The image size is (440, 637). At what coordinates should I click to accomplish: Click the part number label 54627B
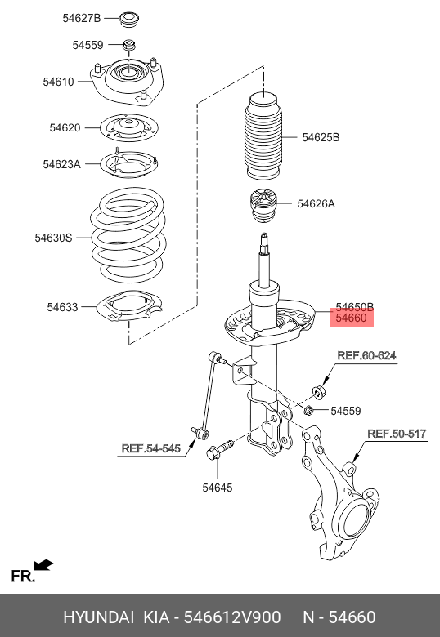81,18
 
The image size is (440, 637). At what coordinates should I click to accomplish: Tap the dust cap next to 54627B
129,20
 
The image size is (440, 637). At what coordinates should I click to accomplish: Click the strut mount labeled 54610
127,82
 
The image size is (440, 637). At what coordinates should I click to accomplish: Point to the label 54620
65,128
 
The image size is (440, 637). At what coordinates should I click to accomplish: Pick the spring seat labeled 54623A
128,164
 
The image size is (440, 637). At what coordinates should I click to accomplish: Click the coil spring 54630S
128,235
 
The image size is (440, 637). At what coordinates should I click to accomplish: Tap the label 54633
62,307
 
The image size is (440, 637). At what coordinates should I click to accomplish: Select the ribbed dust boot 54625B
263,136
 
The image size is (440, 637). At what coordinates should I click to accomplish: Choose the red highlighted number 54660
352,318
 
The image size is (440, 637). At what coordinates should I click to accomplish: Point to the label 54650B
355,307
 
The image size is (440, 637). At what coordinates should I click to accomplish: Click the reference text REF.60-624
366,356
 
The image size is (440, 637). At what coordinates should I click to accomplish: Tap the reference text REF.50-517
397,434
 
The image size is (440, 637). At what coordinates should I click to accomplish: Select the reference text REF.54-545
150,448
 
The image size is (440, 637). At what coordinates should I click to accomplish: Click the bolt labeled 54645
220,449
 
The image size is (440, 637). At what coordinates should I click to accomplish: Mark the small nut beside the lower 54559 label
308,411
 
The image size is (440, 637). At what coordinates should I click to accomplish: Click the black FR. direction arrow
43,565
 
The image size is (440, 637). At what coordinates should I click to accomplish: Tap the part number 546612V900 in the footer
232,617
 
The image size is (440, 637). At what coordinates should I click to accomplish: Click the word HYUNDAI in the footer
98,617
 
